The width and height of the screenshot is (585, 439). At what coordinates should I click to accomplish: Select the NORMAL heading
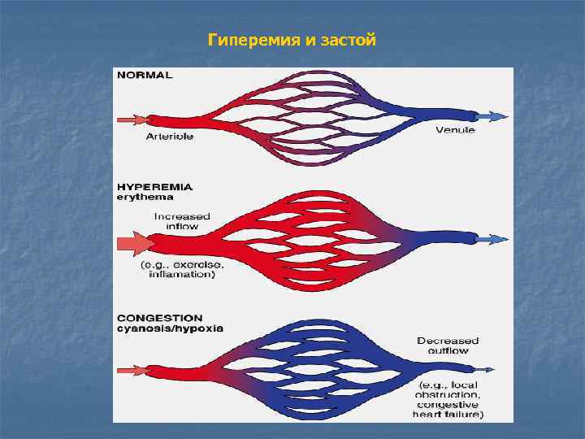pyautogui.click(x=145, y=75)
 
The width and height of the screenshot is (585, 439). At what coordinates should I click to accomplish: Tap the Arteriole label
pyautogui.click(x=169, y=137)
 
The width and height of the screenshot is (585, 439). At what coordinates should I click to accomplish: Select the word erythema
pyautogui.click(x=145, y=197)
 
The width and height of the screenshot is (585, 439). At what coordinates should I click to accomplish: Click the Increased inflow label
pyautogui.click(x=182, y=221)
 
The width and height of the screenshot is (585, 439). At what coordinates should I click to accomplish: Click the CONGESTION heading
pyautogui.click(x=159, y=318)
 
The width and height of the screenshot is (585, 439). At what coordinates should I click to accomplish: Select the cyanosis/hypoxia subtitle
pyautogui.click(x=169, y=328)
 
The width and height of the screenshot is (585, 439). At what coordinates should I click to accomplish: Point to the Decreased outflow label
pyautogui.click(x=448, y=346)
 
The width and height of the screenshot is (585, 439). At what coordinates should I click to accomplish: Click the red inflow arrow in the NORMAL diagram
pyautogui.click(x=131, y=120)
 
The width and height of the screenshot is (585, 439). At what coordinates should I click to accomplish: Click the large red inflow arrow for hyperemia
pyautogui.click(x=136, y=242)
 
